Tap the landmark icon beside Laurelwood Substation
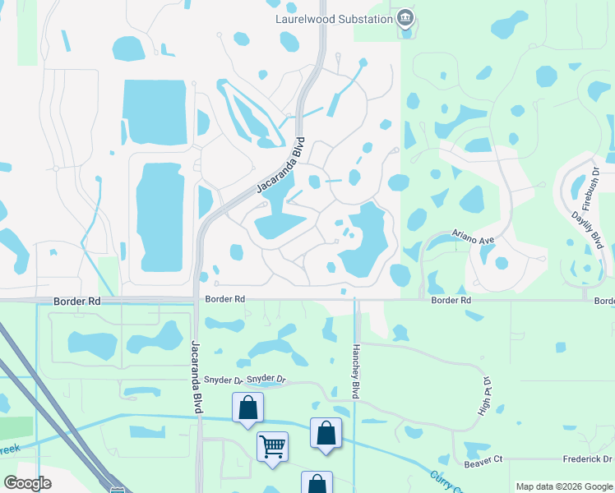pos(405,18)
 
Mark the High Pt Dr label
pos(485,396)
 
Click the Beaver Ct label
pos(483,464)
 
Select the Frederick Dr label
pos(588,459)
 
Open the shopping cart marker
pos(272,447)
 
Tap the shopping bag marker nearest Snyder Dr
pos(247,408)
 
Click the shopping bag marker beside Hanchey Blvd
pos(326,433)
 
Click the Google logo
pos(27,483)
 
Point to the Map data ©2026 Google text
pos(563,486)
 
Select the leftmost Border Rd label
pos(76,302)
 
